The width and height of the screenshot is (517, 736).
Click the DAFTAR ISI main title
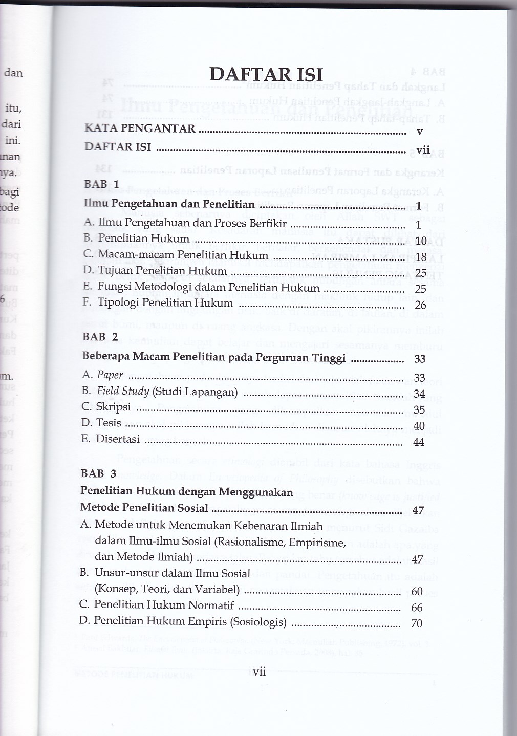(266, 75)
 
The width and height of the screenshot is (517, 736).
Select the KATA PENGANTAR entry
(140, 128)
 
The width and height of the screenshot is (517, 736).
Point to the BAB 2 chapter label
(100, 337)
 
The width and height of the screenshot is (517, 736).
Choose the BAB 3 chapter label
(99, 473)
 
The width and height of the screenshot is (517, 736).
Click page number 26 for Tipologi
(421, 306)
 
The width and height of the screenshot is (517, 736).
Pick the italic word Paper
(110, 375)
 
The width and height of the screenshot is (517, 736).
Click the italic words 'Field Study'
(123, 392)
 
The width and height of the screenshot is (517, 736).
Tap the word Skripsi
(113, 407)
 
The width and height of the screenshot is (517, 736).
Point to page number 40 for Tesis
(419, 426)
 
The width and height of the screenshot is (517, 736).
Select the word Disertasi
(118, 439)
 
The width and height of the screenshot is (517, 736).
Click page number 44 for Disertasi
(419, 442)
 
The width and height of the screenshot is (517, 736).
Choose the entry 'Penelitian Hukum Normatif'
(164, 605)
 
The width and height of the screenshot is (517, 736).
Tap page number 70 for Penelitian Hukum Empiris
(417, 623)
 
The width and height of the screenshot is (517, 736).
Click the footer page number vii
(260, 672)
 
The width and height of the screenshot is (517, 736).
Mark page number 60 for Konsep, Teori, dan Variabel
(417, 592)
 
